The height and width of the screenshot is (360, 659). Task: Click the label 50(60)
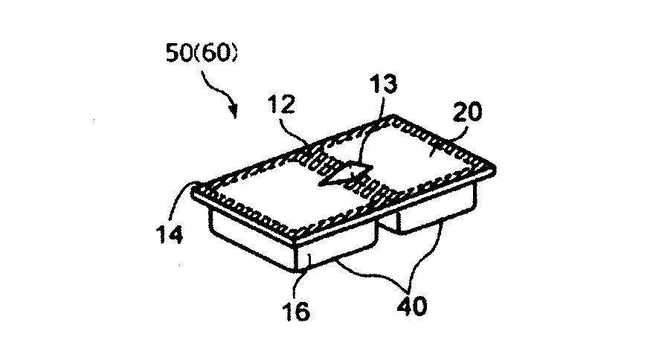pos(202,53)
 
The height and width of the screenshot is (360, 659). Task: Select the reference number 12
pos(281,104)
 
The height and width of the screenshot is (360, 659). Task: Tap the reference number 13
pos(383,85)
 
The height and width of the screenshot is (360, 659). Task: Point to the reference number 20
pos(468,112)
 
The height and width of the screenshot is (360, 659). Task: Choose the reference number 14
pos(170,234)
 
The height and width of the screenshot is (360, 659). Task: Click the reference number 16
pos(297,311)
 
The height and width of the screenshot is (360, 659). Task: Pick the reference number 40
pos(412,306)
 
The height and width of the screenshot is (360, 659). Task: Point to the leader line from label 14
pos(181,199)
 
